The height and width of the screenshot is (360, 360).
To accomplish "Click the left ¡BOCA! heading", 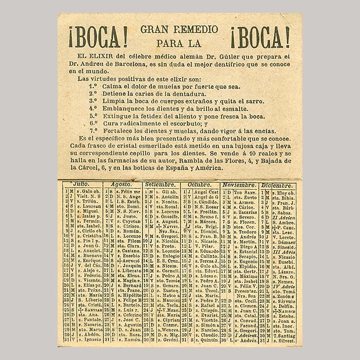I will coord(98,37).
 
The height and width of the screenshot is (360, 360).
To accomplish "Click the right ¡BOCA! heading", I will coord(260,37).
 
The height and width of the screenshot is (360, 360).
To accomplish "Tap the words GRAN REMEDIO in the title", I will coord(179,29).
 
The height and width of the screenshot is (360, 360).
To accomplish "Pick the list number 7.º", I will coord(93,131).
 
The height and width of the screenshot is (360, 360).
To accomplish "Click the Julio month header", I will coord(81,184).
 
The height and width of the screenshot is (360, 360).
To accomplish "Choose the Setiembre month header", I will coord(160,184).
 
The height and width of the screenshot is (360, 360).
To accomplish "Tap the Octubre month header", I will coord(200,184).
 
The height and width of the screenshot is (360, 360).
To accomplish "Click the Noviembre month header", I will coord(239,184).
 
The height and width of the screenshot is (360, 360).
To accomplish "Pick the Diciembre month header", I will coord(277,184).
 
